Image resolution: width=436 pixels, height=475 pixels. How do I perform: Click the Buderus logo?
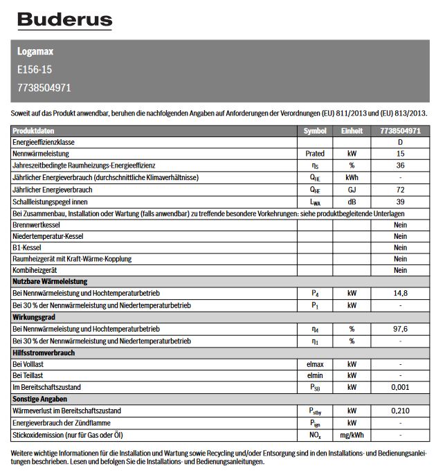point(64,20)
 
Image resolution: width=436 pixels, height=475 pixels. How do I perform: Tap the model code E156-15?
point(35,69)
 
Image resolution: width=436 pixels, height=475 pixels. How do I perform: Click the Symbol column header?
point(314,131)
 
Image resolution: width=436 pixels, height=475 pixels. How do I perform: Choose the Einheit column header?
point(352,131)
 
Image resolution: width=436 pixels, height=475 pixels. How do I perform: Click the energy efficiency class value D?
point(400,142)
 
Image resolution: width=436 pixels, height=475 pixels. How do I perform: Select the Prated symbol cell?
point(314,154)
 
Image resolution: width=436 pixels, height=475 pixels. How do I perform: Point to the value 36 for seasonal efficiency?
point(400,165)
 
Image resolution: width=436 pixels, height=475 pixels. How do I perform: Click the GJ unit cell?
point(352,189)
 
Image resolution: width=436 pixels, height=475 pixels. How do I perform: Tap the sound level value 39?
point(400,201)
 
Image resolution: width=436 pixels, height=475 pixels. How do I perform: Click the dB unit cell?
point(352,201)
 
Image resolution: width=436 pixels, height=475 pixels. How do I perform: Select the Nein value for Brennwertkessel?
point(400,224)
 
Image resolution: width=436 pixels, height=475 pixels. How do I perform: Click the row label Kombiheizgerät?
point(35,270)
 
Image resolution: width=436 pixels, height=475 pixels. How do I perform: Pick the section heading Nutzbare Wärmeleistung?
point(49,282)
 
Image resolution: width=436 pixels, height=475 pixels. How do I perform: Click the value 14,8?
point(400,294)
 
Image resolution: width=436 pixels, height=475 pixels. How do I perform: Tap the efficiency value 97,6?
point(400,329)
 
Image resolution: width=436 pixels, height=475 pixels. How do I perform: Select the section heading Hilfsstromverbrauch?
point(44,352)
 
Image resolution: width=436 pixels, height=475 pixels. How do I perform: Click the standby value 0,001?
point(400,388)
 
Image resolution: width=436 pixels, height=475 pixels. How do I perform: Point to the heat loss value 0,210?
point(400,411)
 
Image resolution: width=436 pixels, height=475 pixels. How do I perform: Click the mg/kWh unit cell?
point(352,435)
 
